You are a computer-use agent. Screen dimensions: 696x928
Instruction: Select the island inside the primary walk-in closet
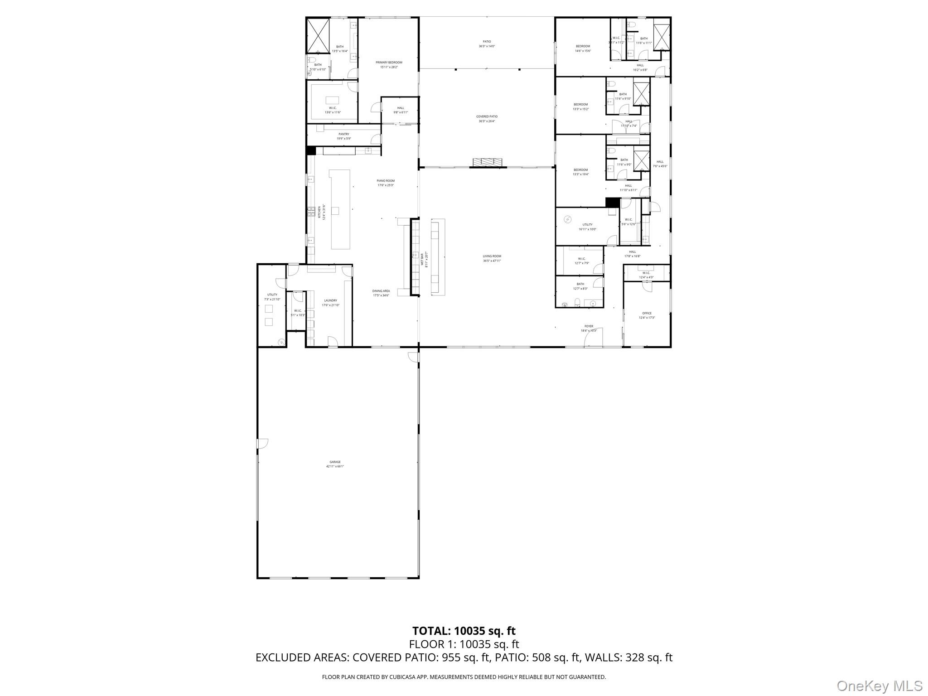(x=332, y=100)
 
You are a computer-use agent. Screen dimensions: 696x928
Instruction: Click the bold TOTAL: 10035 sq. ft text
(x=464, y=631)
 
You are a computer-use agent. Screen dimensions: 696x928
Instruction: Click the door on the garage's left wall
(x=262, y=444)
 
